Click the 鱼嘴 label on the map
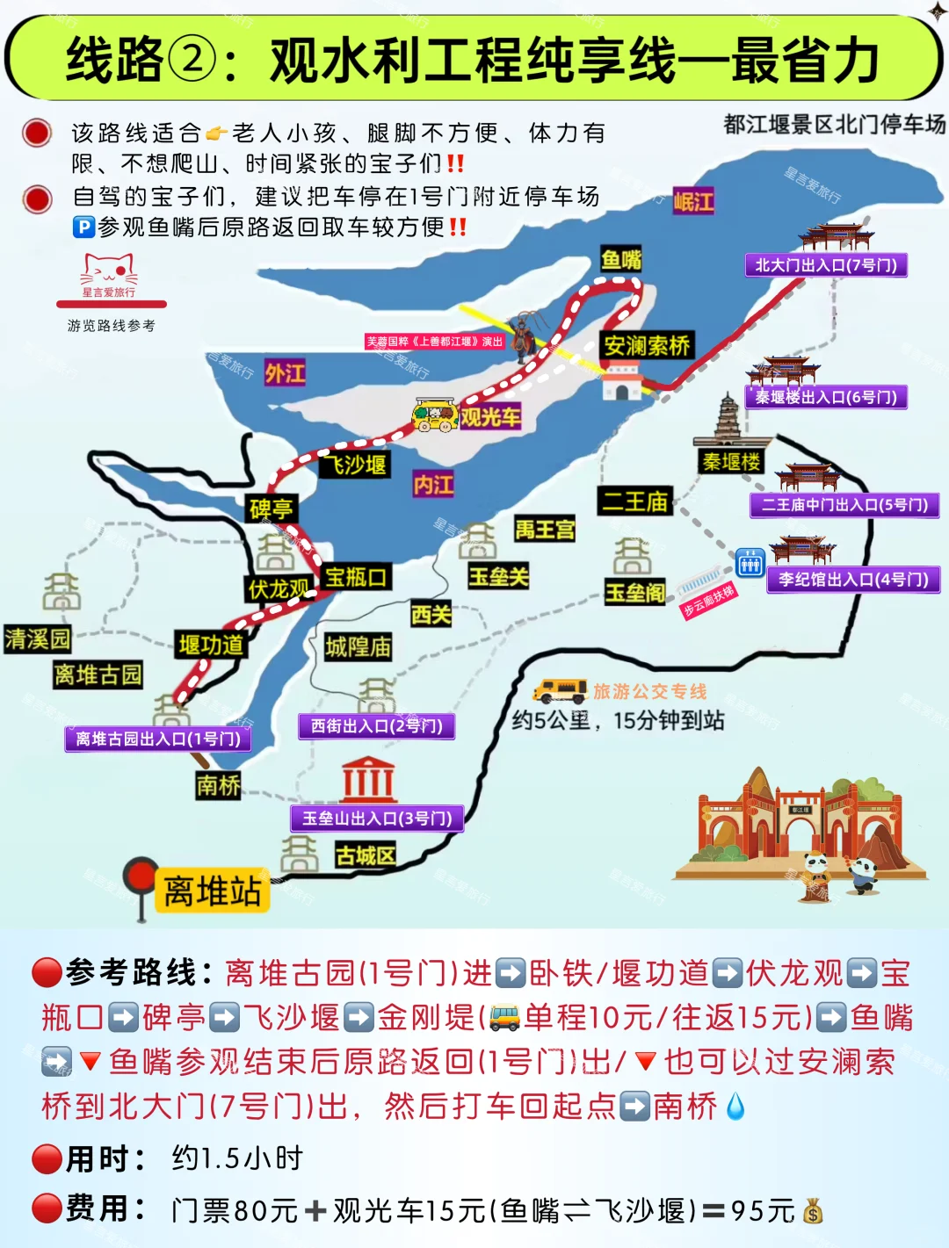point(621,259)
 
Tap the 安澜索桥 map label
point(647,345)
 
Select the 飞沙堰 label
point(354,464)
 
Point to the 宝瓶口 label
point(356,577)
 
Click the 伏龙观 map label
point(279,588)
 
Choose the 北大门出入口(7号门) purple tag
point(826,265)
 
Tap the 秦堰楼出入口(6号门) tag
point(826,397)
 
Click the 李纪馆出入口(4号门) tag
point(853,580)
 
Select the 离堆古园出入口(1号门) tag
point(158,739)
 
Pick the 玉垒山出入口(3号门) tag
point(377,819)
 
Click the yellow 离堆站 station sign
point(212,891)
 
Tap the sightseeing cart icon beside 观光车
point(436,415)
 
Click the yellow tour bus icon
point(560,690)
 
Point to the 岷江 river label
point(693,202)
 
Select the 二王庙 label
point(634,501)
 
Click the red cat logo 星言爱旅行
point(109,276)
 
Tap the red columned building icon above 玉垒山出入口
point(368,778)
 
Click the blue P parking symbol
point(83,227)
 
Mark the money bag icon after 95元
point(813,1212)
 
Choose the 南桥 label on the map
point(218,784)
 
